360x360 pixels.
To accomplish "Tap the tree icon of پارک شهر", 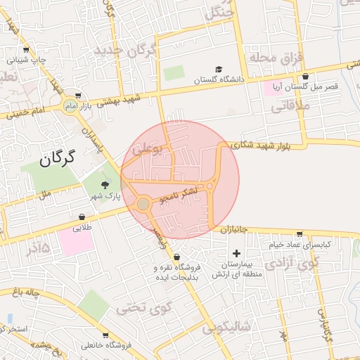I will click(105, 185).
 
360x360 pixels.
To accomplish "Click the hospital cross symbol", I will click(236, 253).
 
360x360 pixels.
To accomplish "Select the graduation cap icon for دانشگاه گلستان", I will click(219, 70).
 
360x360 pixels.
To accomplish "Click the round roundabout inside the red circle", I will click(143, 204).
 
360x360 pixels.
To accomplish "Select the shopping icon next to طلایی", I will click(82, 217).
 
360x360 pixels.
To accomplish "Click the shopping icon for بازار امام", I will click(78, 96).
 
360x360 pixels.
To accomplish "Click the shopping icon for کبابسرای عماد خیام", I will click(300, 234).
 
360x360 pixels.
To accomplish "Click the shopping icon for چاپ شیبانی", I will click(26, 50).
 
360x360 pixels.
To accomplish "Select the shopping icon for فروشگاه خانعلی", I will click(105, 335).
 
